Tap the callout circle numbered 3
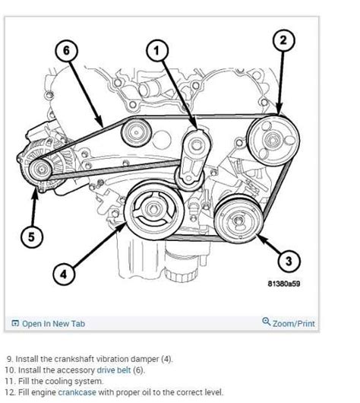pos(286,261)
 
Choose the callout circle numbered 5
pos(30,236)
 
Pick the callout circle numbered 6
pos(66,52)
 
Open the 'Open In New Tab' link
pos(52,323)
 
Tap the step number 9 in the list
pos(10,357)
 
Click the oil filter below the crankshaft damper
pos(137,255)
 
